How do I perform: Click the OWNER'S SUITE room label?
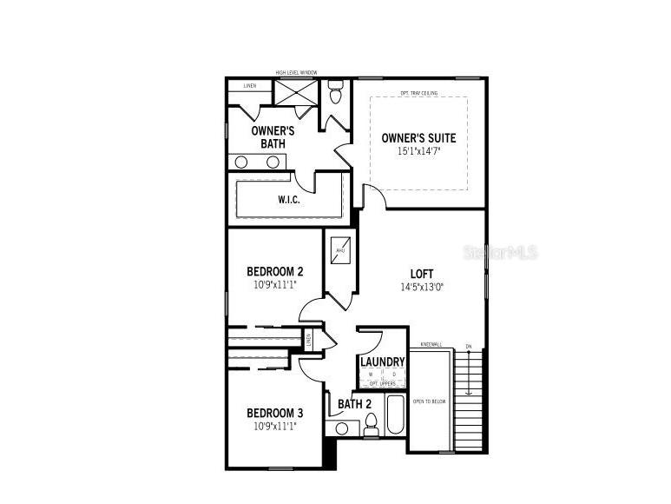tap(418, 137)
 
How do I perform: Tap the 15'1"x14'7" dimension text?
tap(418, 150)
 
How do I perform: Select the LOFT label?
tap(422, 275)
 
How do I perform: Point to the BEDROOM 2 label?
tap(274, 271)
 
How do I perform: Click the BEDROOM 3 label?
tap(274, 413)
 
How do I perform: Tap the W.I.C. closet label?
tap(289, 200)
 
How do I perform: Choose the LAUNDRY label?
tap(382, 361)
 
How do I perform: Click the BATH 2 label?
tap(354, 404)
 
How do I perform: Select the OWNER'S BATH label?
tap(273, 136)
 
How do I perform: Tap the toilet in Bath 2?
tap(371, 422)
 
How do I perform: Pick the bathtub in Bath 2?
tap(394, 416)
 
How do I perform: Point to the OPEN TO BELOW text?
tap(430, 401)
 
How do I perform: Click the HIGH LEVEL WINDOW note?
tap(296, 73)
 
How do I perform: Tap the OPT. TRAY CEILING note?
tap(418, 93)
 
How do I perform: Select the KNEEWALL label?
tap(431, 345)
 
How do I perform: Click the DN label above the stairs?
tap(468, 346)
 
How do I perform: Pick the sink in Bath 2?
tap(342, 428)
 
